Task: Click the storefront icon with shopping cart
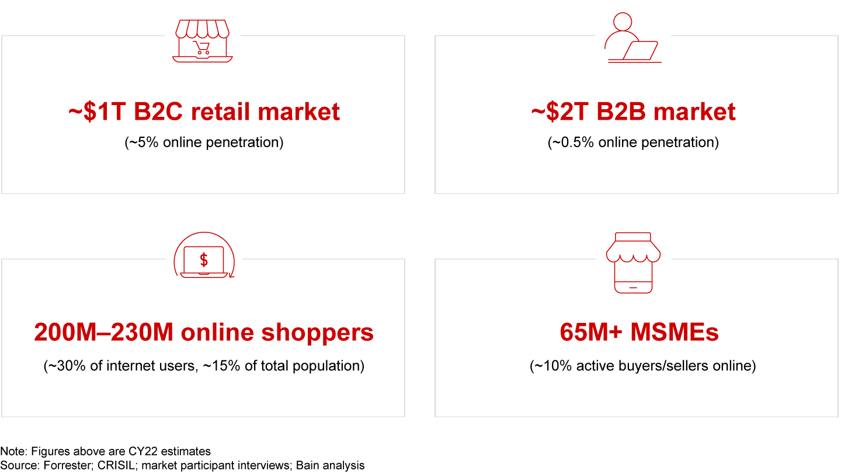coord(202,41)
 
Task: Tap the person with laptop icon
coord(633,37)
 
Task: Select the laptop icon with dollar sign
coord(204,255)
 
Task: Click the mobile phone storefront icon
coord(633,263)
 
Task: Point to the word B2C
coord(158,112)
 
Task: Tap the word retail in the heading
coord(220,112)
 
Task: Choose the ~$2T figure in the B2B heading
coord(559,112)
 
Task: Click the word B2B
coord(621,112)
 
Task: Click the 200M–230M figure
coord(103,332)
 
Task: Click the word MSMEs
coord(675,332)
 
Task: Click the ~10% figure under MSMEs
coord(552,366)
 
